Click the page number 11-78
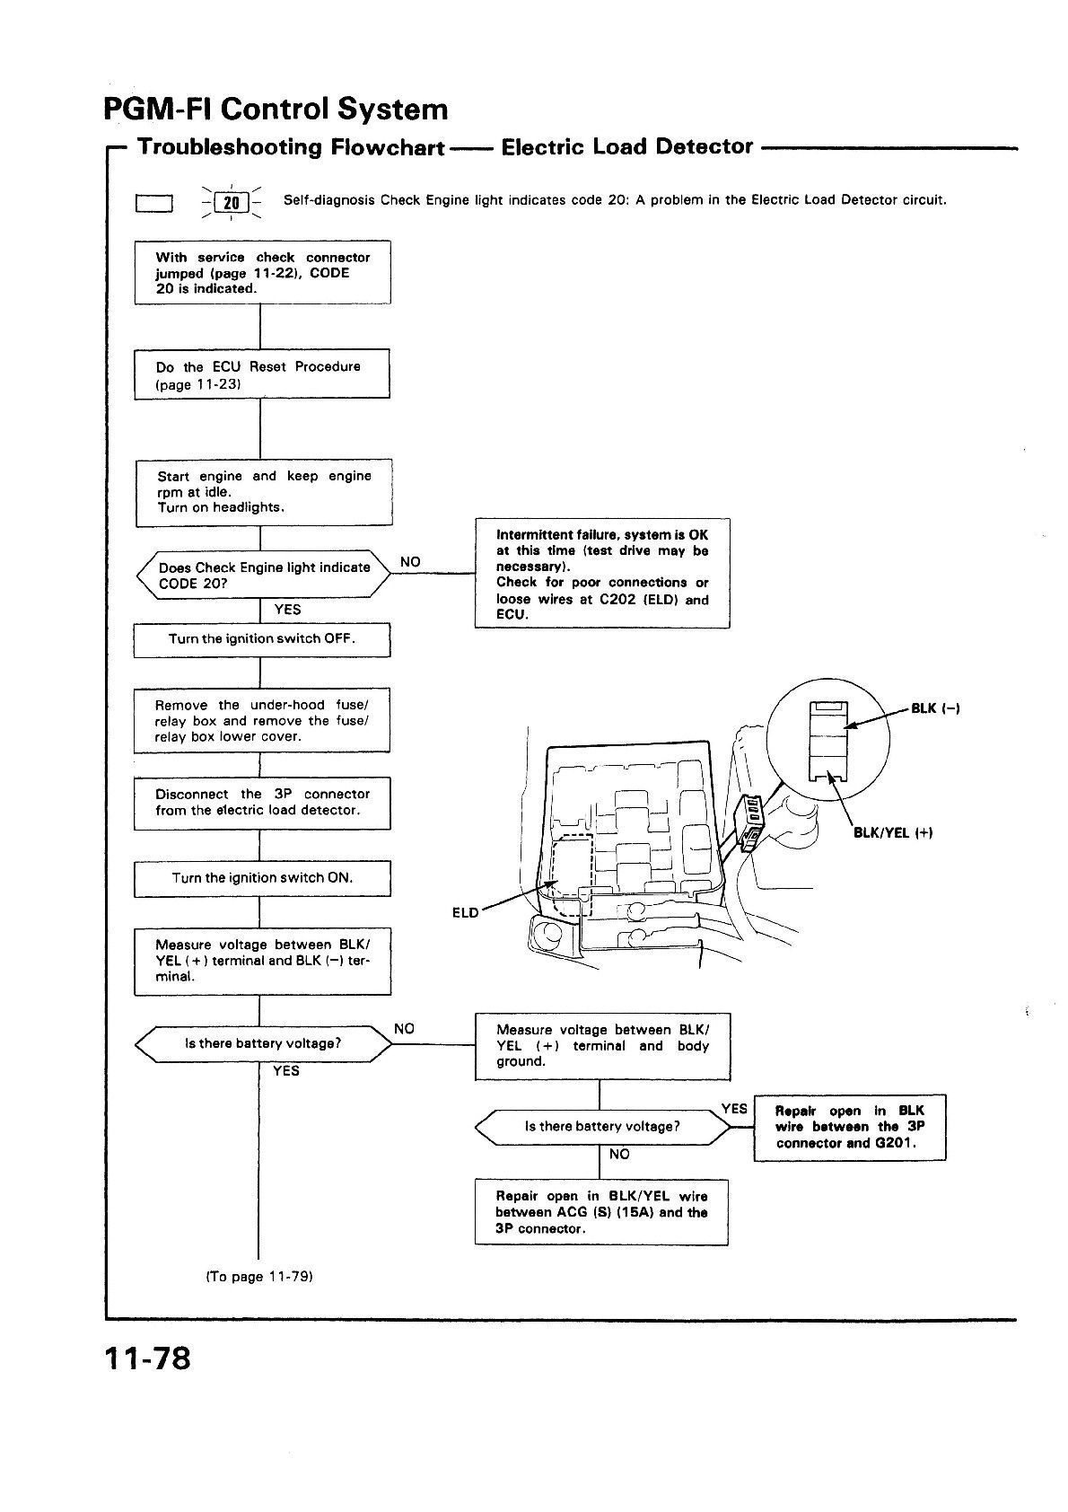(147, 1358)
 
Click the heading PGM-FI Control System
(276, 110)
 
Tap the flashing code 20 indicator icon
(232, 203)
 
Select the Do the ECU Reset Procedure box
(262, 374)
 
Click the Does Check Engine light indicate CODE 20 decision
(264, 575)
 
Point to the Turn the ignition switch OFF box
(262, 639)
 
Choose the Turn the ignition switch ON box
(262, 878)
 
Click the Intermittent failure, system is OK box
(601, 574)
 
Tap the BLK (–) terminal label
(935, 708)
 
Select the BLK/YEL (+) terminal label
(892, 832)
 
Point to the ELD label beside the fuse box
(465, 913)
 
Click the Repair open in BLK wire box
(849, 1128)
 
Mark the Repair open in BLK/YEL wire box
(601, 1212)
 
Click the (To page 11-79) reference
(259, 1276)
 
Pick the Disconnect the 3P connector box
(262, 802)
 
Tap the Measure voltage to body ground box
(602, 1046)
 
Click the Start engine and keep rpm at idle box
(264, 491)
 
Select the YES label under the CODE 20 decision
(287, 610)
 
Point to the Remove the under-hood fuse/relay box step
(262, 721)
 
